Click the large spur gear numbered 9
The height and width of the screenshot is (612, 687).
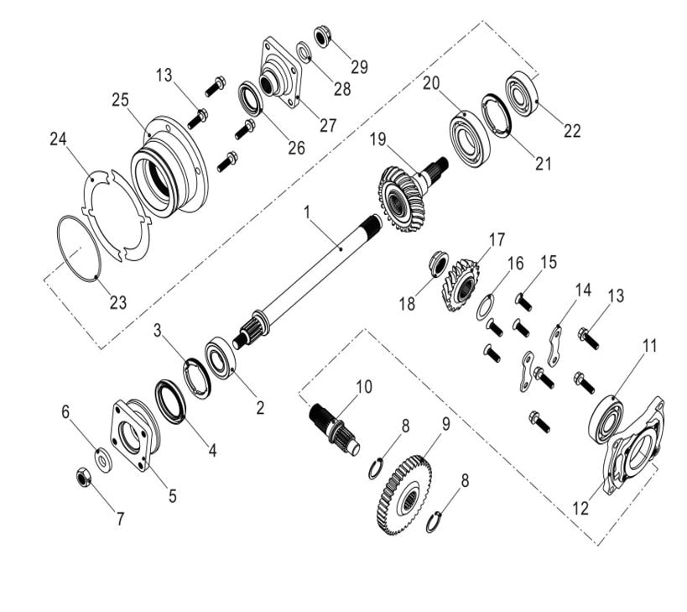tap(405, 496)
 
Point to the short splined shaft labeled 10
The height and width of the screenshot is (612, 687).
tap(333, 425)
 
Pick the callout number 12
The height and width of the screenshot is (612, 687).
tap(580, 508)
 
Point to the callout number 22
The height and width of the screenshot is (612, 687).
tap(571, 131)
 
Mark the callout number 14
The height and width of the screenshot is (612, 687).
tap(582, 290)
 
